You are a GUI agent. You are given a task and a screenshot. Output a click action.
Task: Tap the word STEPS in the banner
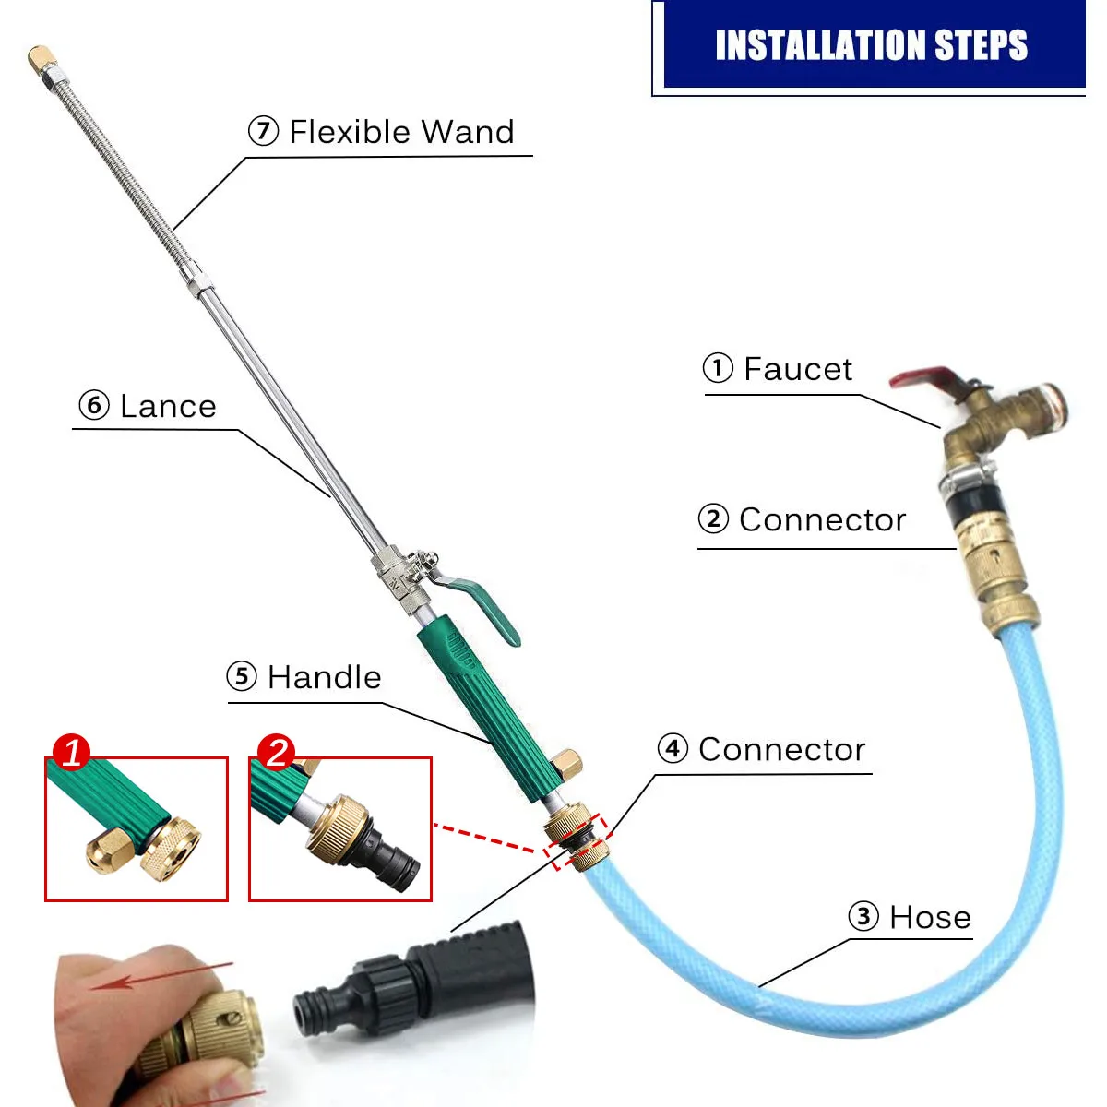point(981,45)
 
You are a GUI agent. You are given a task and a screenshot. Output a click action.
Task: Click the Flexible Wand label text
point(401,132)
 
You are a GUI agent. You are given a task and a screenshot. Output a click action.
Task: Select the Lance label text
point(168,406)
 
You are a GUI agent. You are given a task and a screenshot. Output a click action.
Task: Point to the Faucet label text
point(798,369)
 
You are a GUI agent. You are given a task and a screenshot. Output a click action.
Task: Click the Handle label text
point(324,677)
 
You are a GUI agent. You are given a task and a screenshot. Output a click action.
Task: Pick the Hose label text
point(930,917)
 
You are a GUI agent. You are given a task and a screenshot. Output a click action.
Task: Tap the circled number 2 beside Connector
point(713,518)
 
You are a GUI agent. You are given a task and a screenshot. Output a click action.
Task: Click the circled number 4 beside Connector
point(673,748)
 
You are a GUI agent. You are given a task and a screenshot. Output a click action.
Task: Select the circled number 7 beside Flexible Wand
point(263,131)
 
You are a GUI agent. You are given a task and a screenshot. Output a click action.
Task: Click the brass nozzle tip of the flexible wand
point(40,58)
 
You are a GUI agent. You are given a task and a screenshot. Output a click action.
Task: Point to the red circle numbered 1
point(72,752)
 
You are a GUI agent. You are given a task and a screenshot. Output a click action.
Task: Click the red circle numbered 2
point(277,752)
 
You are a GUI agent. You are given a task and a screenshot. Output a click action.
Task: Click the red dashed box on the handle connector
point(578,840)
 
